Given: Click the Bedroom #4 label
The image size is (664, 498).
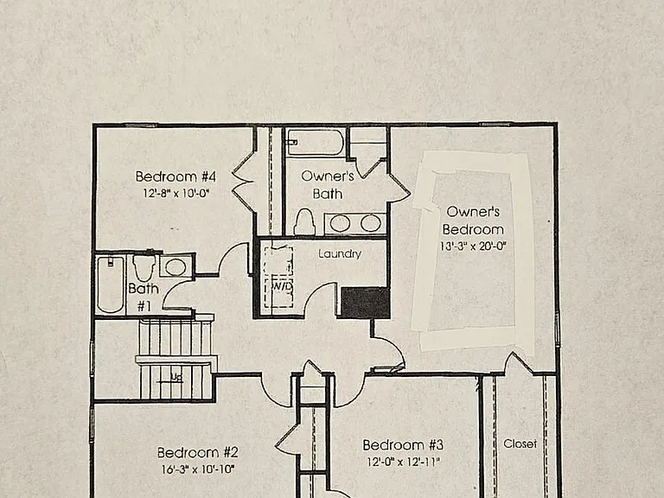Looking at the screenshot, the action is pyautogui.click(x=176, y=176).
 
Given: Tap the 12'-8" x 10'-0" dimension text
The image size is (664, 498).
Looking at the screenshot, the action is pyautogui.click(x=176, y=194).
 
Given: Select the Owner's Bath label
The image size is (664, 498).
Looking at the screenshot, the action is pyautogui.click(x=328, y=185).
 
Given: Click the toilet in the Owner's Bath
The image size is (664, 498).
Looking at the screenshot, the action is pyautogui.click(x=305, y=221).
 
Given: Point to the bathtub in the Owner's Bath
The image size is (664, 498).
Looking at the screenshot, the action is pyautogui.click(x=316, y=143).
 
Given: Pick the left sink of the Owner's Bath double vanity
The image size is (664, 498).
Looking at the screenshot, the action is pyautogui.click(x=340, y=223).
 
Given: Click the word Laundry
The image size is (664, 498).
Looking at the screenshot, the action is pyautogui.click(x=340, y=253).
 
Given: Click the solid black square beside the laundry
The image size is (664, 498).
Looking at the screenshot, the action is pyautogui.click(x=366, y=303).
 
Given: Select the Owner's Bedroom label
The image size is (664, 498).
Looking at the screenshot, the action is pyautogui.click(x=473, y=220).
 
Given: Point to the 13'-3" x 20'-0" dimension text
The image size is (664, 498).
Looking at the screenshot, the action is pyautogui.click(x=473, y=246).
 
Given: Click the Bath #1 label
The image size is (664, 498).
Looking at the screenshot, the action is pyautogui.click(x=144, y=297).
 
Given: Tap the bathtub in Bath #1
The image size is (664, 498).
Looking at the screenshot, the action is pyautogui.click(x=110, y=284).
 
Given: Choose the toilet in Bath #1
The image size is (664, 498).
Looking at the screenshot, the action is pyautogui.click(x=144, y=267).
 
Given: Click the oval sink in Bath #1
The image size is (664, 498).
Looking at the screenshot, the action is pyautogui.click(x=175, y=267).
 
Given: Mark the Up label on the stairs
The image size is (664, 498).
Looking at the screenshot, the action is pyautogui.click(x=176, y=376).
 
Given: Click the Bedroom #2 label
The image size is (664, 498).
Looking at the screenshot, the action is pyautogui.click(x=198, y=453).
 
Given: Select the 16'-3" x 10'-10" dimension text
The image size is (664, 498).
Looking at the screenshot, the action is pyautogui.click(x=198, y=469).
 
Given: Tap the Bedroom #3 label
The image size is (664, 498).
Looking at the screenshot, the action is pyautogui.click(x=403, y=445).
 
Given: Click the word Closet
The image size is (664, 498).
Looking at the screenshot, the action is pyautogui.click(x=520, y=444).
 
